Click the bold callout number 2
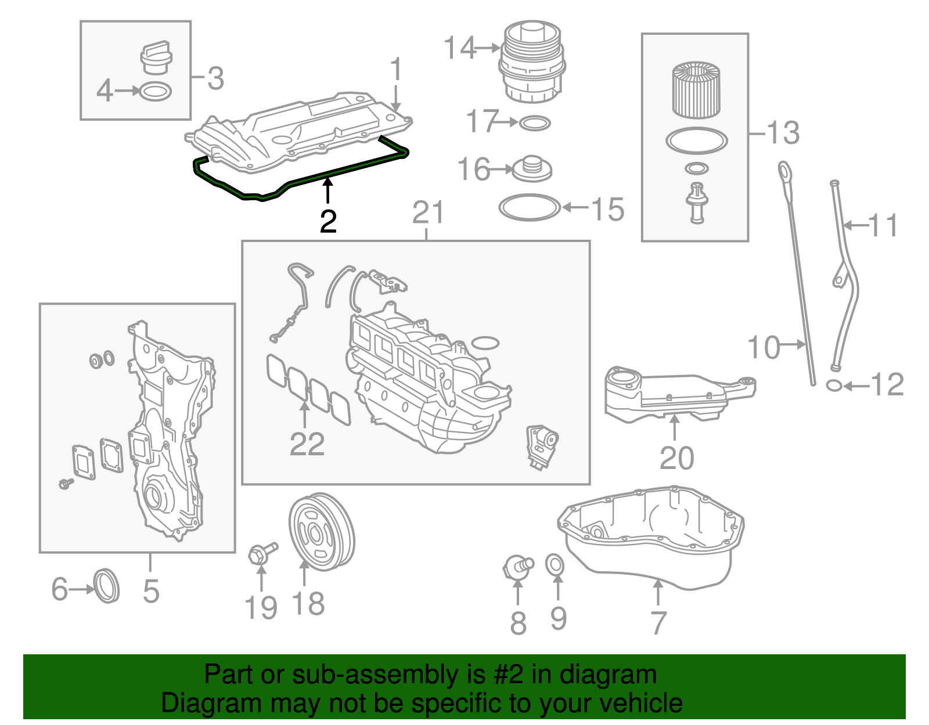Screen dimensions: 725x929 point(328,221)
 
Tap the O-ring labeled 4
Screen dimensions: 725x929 point(156,91)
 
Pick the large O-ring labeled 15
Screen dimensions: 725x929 point(530,207)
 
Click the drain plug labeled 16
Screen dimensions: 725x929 point(531,168)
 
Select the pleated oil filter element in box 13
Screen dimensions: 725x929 point(696,90)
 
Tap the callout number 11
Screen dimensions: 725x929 point(883,225)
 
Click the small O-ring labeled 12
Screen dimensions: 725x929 point(834,385)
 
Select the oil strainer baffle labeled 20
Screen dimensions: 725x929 point(674,394)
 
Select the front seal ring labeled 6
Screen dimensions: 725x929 point(106,586)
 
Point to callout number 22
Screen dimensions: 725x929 point(307,444)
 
